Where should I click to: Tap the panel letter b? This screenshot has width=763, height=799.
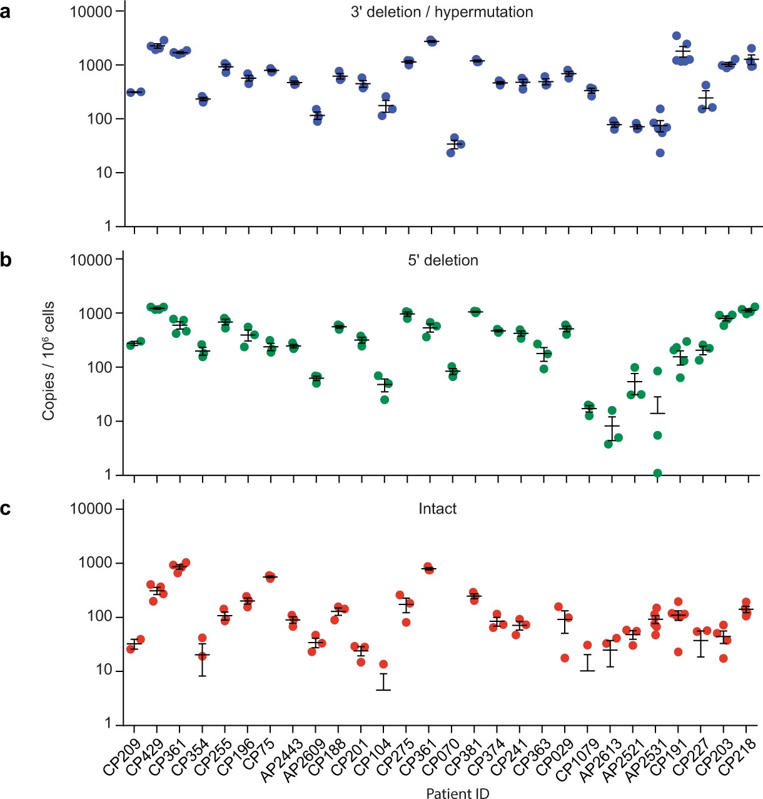pos(6,260)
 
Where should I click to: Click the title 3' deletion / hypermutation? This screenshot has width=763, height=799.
pos(442,12)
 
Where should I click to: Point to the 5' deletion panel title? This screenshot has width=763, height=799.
pos(443,260)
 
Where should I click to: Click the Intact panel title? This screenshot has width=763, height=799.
pos(437,509)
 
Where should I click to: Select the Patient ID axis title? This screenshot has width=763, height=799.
pos(457,793)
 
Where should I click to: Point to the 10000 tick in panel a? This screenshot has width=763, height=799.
pos(91,12)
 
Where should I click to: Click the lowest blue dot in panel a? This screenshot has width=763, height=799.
pos(660,153)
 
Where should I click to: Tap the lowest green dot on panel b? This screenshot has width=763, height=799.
pos(657,473)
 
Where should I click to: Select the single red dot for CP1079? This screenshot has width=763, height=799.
pos(587,645)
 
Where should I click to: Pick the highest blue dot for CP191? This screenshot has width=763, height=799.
pos(676,36)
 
